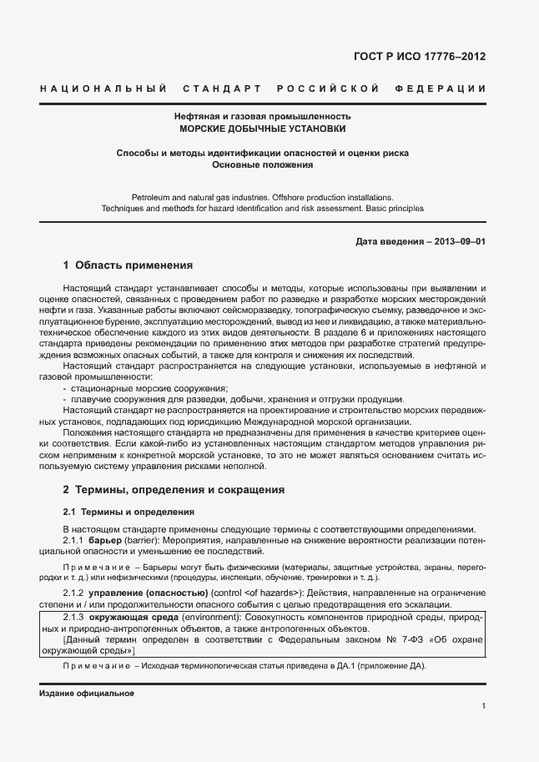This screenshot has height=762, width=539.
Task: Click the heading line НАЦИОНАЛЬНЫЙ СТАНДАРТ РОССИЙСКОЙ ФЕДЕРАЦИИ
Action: pos(263,88)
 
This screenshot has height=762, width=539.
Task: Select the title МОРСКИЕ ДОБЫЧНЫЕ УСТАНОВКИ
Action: pos(262,129)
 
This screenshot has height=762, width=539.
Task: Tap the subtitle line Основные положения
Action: pos(262,165)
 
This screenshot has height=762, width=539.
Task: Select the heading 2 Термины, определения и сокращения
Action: pos(174,489)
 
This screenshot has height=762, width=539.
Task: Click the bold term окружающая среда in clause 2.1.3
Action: pos(128,616)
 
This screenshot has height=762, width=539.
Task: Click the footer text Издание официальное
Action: pos(86,693)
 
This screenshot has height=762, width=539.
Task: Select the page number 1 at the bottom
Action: pos(484,706)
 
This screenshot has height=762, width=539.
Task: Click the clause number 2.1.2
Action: pos(77,593)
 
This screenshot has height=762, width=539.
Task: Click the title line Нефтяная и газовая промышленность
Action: pos(262,117)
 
